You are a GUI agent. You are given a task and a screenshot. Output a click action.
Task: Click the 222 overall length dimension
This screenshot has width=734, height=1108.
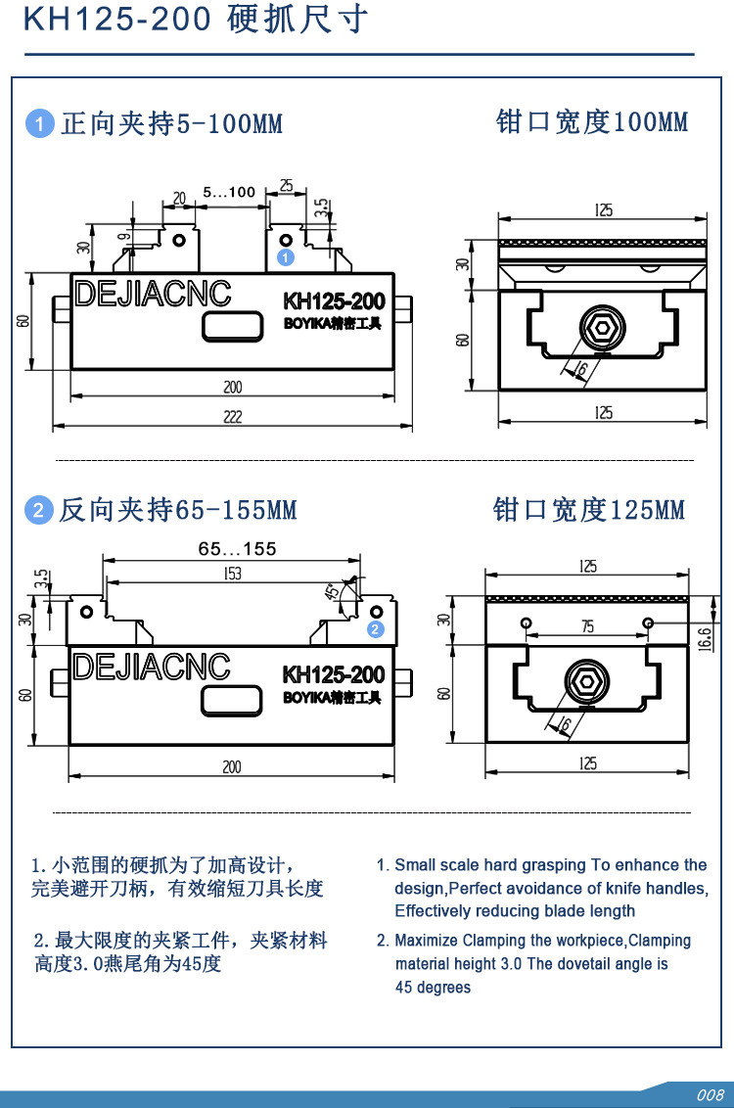(x=232, y=417)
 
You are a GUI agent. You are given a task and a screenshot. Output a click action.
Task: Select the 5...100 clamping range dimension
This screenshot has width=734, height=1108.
(x=229, y=192)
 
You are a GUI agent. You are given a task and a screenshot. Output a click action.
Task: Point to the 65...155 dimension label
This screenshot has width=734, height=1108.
(x=237, y=549)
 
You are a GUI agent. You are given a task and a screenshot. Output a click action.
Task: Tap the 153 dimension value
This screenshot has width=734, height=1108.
(x=232, y=575)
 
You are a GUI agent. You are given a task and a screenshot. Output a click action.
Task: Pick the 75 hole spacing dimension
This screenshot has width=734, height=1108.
(x=587, y=627)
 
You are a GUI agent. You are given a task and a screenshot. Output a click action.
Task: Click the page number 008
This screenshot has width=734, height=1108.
(x=710, y=1094)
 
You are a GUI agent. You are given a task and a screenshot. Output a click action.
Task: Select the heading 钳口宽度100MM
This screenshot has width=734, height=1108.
(x=592, y=122)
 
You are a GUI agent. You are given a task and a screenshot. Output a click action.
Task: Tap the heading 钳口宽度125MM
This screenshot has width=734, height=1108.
(x=589, y=510)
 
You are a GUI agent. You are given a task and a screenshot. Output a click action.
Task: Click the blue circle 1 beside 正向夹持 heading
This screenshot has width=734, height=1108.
(x=39, y=124)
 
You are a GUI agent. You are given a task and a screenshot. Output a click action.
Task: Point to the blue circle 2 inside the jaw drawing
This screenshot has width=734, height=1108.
(x=376, y=629)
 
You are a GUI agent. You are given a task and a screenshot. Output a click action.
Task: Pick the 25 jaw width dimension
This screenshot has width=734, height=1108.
(x=286, y=185)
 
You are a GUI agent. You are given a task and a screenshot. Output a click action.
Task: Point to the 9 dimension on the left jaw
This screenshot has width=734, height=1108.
(x=125, y=235)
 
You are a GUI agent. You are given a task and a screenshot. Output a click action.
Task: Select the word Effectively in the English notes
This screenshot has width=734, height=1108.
(x=434, y=911)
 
